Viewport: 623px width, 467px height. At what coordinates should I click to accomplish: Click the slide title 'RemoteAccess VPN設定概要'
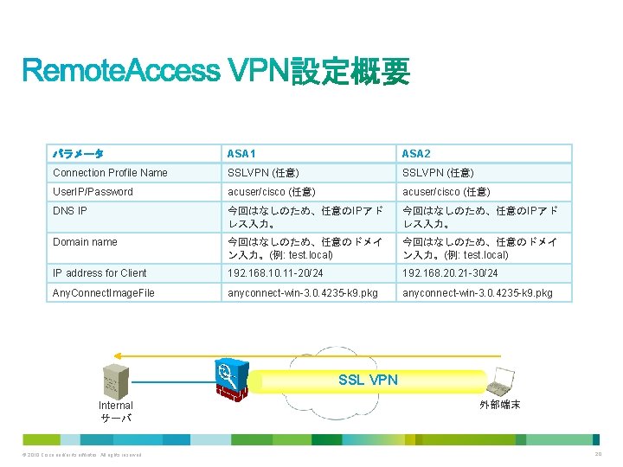tap(215, 71)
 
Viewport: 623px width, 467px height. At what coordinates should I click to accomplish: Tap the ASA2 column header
tap(416, 154)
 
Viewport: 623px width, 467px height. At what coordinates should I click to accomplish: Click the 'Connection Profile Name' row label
tap(110, 173)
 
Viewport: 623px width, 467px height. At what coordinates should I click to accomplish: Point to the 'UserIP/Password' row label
tap(93, 192)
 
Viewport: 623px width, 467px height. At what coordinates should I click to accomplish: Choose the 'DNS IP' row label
tap(70, 211)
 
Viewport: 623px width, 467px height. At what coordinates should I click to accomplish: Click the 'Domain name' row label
tap(85, 242)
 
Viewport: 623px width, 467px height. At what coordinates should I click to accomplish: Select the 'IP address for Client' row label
tap(100, 273)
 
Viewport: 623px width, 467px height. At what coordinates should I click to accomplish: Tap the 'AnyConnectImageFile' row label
tap(104, 293)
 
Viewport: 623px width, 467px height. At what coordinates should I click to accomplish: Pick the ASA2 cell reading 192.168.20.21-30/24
tap(449, 273)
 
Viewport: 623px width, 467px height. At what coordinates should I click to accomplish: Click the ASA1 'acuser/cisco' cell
tap(271, 192)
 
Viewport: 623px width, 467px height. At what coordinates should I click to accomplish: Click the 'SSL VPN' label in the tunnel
tap(368, 380)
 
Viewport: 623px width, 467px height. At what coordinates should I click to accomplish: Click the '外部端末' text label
tap(499, 405)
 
